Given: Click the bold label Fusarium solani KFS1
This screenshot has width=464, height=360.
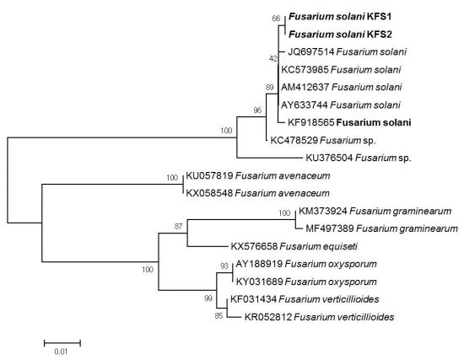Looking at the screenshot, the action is [340, 17].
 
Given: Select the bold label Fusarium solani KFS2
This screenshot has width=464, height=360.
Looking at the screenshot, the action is [340, 35].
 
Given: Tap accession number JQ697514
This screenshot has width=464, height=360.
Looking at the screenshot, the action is [311, 52].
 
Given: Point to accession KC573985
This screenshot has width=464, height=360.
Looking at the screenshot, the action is [305, 70].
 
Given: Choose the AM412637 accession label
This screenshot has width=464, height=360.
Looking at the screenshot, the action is [305, 88].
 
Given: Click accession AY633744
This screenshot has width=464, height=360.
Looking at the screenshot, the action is [305, 105].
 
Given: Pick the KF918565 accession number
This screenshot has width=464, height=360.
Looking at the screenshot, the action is [311, 122].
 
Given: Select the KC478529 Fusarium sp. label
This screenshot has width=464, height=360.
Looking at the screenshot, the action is [323, 140].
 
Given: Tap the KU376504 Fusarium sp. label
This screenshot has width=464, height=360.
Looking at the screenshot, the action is [359, 158].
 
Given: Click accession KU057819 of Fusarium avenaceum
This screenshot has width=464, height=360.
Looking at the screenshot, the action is [209, 175].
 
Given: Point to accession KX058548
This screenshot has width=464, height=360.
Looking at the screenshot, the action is [209, 193].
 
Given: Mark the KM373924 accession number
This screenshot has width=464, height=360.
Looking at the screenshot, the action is [323, 212].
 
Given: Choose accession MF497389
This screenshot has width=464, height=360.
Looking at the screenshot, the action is [330, 228].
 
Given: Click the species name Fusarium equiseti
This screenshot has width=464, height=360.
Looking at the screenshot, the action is [318, 246].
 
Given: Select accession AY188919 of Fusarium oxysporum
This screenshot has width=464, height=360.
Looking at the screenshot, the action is [259, 264].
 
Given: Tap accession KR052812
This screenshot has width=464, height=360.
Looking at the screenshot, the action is [268, 317].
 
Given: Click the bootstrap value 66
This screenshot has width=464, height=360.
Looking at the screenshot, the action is [276, 19].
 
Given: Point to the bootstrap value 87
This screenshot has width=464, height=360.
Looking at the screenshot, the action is [178, 227].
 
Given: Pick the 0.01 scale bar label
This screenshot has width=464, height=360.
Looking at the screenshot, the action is [61, 352].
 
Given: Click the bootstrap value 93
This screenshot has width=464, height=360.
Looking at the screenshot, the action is [224, 266].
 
